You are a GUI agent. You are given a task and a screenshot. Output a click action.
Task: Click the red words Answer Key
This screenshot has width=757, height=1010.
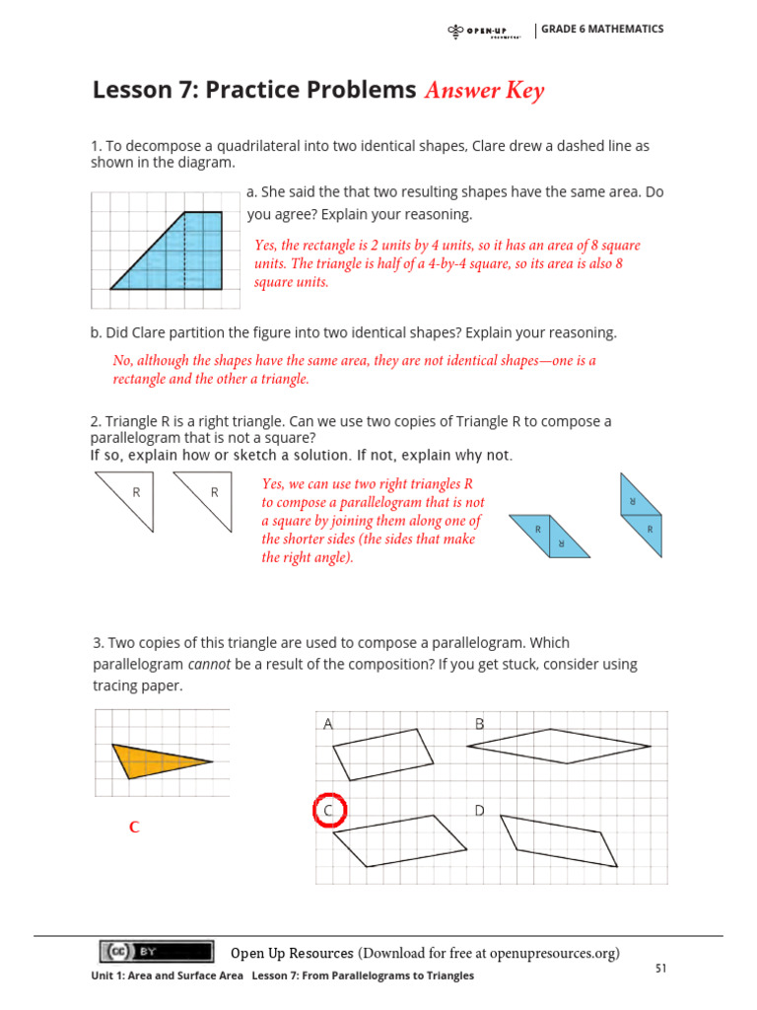[484, 91]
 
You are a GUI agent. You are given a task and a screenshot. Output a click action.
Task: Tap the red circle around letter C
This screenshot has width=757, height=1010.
[329, 811]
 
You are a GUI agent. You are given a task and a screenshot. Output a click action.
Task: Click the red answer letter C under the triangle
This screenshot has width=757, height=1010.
[134, 828]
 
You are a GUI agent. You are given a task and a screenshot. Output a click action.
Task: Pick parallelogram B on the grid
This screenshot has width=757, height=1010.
[558, 746]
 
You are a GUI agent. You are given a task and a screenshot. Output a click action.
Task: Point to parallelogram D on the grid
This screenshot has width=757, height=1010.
[559, 841]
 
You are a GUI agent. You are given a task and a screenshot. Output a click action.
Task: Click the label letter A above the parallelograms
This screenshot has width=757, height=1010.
[328, 724]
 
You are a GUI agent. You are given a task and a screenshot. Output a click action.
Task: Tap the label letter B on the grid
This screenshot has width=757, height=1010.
[480, 724]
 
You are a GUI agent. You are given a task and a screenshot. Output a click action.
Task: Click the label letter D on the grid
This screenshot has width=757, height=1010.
[479, 811]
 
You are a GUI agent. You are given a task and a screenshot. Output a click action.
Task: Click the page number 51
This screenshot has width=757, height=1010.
[661, 969]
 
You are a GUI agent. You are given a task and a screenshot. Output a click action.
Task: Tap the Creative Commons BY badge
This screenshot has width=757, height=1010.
[156, 951]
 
